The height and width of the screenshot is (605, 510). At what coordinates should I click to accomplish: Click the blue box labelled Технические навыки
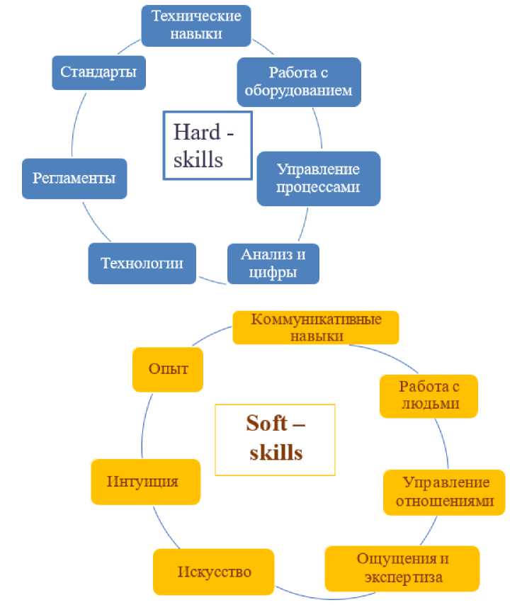tap(196, 24)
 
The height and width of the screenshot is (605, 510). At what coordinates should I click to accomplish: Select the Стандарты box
tap(98, 72)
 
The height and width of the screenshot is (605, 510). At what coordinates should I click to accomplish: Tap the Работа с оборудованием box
tap(299, 81)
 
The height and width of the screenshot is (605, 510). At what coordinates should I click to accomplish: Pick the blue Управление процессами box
tap(318, 179)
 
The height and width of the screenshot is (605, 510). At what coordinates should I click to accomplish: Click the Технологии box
tap(142, 264)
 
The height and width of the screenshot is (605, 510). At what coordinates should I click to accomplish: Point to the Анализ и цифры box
tap(273, 264)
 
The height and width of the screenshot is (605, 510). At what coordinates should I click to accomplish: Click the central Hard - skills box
tap(208, 145)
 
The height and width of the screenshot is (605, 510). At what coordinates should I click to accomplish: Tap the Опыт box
tap(168, 369)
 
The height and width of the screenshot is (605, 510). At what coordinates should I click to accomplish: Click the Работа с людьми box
tap(429, 395)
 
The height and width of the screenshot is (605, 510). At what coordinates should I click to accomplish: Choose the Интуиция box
tap(144, 482)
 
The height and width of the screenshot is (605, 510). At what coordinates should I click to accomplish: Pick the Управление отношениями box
tap(444, 492)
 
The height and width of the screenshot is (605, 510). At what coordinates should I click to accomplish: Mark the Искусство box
tap(213, 572)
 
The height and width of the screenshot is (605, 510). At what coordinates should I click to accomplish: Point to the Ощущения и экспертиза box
tap(402, 568)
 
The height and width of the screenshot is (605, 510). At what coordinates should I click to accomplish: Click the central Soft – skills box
tap(275, 439)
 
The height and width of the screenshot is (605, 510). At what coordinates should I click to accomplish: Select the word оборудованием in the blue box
tap(299, 91)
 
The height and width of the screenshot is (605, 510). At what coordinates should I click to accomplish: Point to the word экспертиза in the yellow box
tap(403, 577)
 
